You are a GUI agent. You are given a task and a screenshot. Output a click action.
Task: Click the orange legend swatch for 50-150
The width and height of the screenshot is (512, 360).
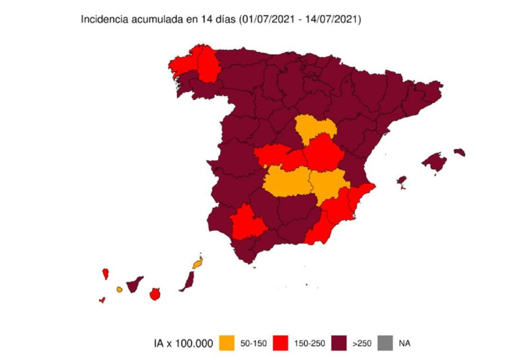point(227,343)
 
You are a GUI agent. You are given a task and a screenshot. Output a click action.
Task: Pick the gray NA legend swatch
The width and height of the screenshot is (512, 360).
point(384,343)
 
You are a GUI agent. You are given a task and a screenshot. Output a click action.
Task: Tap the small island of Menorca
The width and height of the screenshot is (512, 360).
point(459,152)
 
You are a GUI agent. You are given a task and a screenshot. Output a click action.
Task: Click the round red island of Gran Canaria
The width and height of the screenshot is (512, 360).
point(154,294)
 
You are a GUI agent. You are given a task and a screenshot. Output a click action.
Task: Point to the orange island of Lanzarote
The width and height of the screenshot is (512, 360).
point(198,262)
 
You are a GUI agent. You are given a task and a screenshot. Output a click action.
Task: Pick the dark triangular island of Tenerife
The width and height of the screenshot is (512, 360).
point(134,285)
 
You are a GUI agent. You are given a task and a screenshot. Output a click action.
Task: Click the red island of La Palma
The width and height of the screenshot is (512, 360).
point(105,274)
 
